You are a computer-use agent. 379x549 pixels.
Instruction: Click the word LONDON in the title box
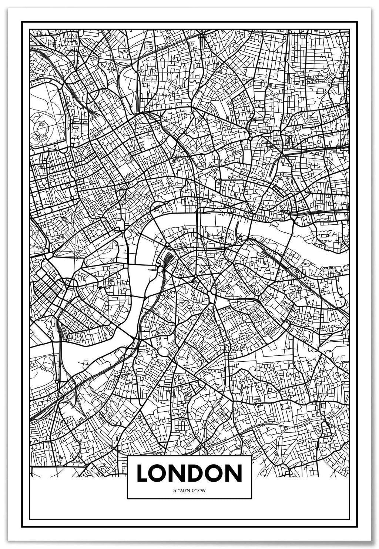(x=189, y=473)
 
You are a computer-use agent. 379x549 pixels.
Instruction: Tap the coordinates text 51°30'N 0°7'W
(x=189, y=491)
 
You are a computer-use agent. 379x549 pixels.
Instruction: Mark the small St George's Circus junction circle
(x=195, y=276)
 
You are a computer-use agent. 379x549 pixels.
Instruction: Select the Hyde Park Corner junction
(x=48, y=255)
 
